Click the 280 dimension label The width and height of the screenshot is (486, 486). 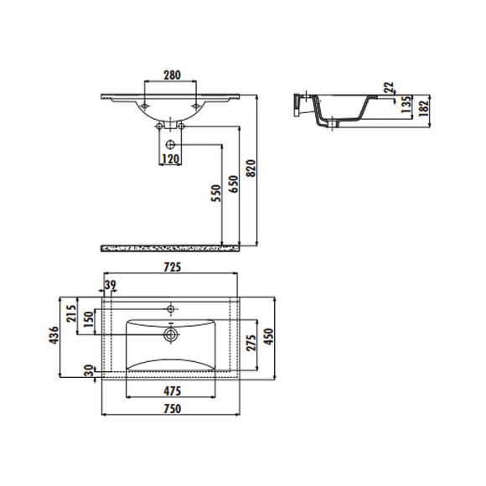[172, 75]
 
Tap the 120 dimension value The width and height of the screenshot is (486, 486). [172, 158]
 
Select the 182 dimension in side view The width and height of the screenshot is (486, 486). [425, 106]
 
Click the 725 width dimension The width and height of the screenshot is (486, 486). [172, 267]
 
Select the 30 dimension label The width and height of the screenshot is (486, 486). [89, 370]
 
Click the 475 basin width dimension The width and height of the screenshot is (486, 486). [172, 390]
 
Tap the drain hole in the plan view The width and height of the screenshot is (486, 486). [171, 334]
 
